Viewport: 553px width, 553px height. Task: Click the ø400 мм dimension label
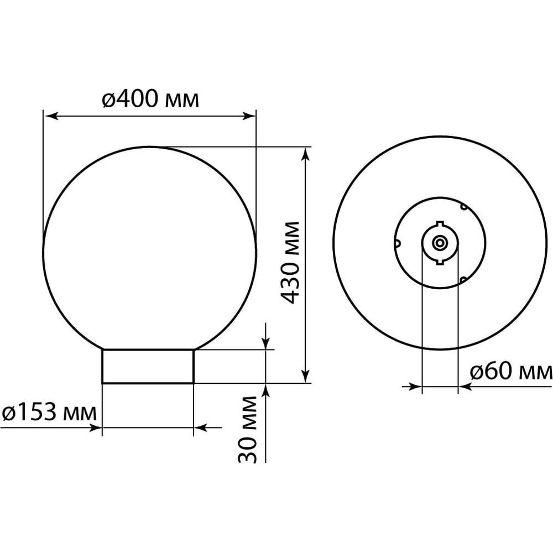click(x=150, y=99)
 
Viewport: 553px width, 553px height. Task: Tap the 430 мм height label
click(x=291, y=263)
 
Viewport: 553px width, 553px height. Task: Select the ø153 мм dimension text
click(x=49, y=413)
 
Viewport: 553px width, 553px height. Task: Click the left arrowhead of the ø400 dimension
click(x=51, y=116)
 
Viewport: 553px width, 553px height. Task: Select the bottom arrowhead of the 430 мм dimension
click(x=306, y=375)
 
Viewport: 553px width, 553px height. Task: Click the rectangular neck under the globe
click(x=148, y=366)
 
